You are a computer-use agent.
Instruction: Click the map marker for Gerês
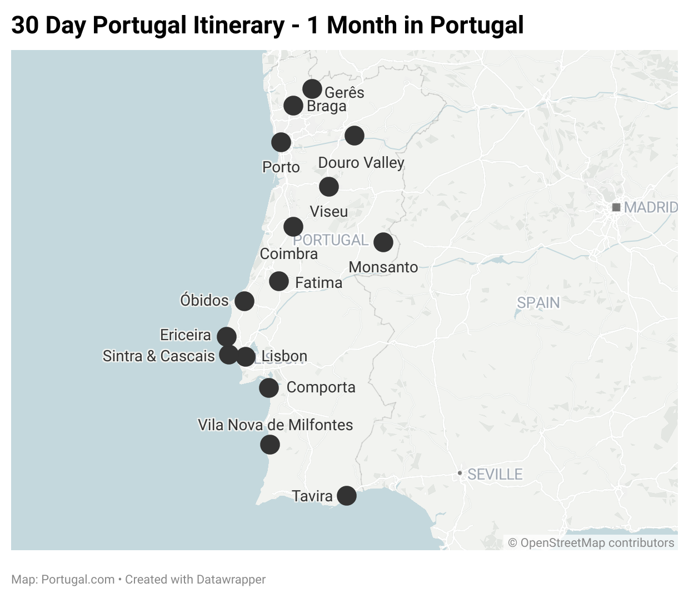click(312, 89)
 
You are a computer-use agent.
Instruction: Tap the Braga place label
click(327, 106)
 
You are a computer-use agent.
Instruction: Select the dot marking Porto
click(281, 142)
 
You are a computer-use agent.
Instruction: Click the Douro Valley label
click(361, 163)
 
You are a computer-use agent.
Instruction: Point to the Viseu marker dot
click(329, 187)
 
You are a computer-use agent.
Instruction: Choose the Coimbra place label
click(289, 254)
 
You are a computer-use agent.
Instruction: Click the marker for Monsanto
click(383, 242)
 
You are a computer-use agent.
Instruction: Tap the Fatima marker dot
click(279, 281)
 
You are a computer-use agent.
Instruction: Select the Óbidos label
click(204, 301)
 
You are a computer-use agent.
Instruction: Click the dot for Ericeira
click(226, 336)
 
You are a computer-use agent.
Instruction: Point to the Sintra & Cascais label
click(159, 356)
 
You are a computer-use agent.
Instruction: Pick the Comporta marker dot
click(269, 388)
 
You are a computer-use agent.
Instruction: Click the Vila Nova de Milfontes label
click(276, 425)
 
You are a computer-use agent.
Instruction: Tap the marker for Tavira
click(347, 496)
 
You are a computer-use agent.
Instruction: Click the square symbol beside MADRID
click(616, 207)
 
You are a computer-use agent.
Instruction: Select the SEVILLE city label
click(495, 475)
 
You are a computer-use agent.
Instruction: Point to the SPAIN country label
click(538, 303)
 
